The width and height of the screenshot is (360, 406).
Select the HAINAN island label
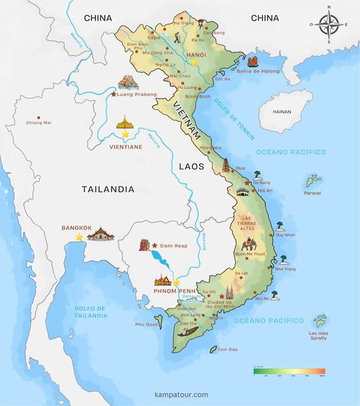click(x=281, y=111)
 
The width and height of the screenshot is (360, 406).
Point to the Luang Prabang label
click(x=138, y=94)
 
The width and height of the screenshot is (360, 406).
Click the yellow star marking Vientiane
click(x=125, y=134)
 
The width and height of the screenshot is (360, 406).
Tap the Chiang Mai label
click(x=39, y=123)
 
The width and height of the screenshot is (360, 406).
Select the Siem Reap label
click(x=173, y=246)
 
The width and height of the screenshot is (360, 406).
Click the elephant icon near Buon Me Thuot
click(x=249, y=245)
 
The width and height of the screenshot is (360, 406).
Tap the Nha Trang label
click(x=286, y=269)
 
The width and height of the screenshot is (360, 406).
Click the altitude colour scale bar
click(x=289, y=371)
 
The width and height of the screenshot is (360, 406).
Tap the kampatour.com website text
click(x=181, y=395)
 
